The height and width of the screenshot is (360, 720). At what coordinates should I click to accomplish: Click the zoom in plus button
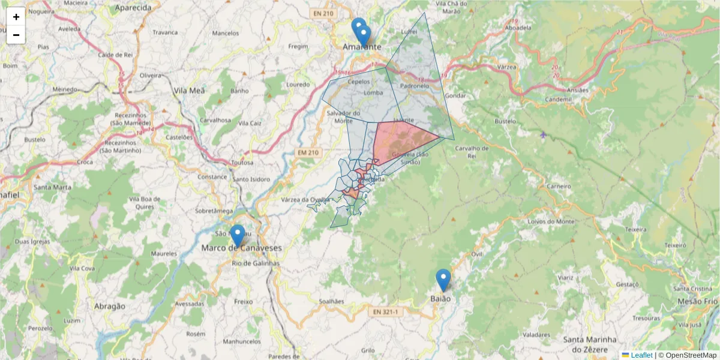point(16,17)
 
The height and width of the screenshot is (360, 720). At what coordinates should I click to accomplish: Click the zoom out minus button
point(16,35)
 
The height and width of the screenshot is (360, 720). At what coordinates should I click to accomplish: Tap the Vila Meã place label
point(189,90)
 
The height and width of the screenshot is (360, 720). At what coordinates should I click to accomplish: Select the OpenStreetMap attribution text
point(688,355)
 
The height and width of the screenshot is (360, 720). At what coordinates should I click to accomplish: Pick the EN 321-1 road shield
point(385,312)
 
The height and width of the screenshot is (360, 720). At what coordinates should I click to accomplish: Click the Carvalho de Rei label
point(473,152)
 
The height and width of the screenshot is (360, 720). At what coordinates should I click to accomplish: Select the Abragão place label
point(110,306)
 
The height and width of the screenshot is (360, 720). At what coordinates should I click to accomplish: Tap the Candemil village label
point(559,99)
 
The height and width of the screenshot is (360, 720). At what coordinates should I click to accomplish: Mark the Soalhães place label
point(331,301)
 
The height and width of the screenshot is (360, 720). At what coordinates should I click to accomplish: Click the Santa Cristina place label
point(695,289)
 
